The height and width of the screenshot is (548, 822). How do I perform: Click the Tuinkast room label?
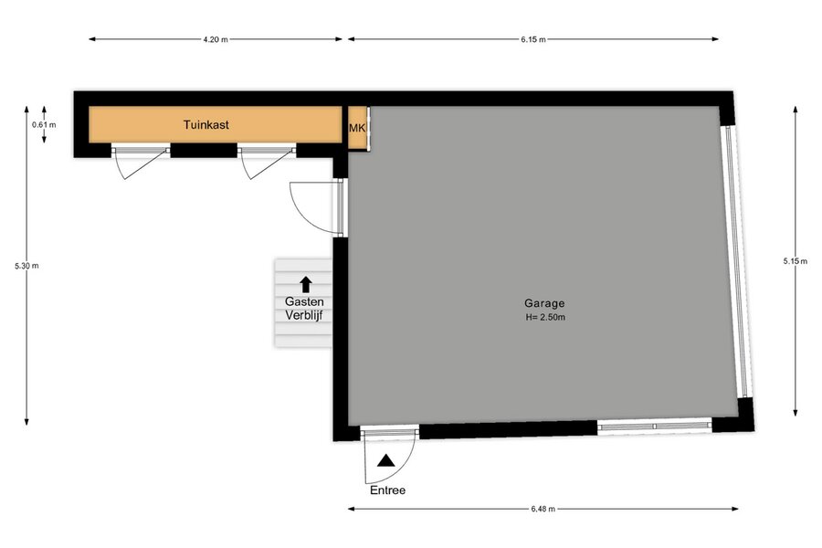point(206,125)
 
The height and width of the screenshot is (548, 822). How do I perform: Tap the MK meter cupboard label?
point(357,129)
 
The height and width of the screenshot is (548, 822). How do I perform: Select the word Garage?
point(544,303)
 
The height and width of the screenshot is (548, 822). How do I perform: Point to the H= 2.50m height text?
point(545,317)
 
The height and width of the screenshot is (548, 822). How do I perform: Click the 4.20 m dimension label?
point(216,39)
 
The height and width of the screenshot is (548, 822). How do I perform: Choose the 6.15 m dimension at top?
point(533,39)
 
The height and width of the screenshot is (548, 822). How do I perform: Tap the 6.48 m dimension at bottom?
point(543,509)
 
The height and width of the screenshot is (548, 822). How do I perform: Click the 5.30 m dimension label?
point(26,266)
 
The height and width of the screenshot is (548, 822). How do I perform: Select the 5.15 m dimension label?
point(796,261)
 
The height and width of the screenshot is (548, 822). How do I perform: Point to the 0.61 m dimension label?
point(44,125)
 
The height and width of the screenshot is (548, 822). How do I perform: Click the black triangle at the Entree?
point(386,460)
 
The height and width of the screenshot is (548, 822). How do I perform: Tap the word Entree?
point(388,490)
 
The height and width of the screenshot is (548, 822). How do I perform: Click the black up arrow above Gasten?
point(306,285)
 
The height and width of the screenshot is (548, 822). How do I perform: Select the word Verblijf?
point(304,315)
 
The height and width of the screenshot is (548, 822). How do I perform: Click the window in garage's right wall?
point(735,261)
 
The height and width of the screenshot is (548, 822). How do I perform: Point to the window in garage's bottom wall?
point(655,426)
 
